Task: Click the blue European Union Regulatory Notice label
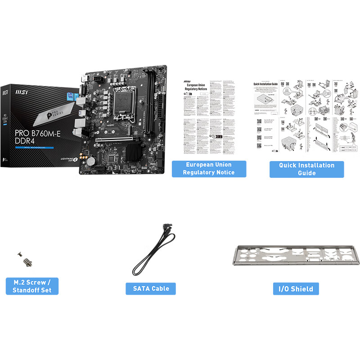point(209,168)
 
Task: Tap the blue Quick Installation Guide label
point(306,169)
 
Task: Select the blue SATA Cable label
point(151,288)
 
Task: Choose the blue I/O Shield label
point(296,288)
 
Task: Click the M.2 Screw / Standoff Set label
point(32,286)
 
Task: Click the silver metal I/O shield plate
point(296,258)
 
